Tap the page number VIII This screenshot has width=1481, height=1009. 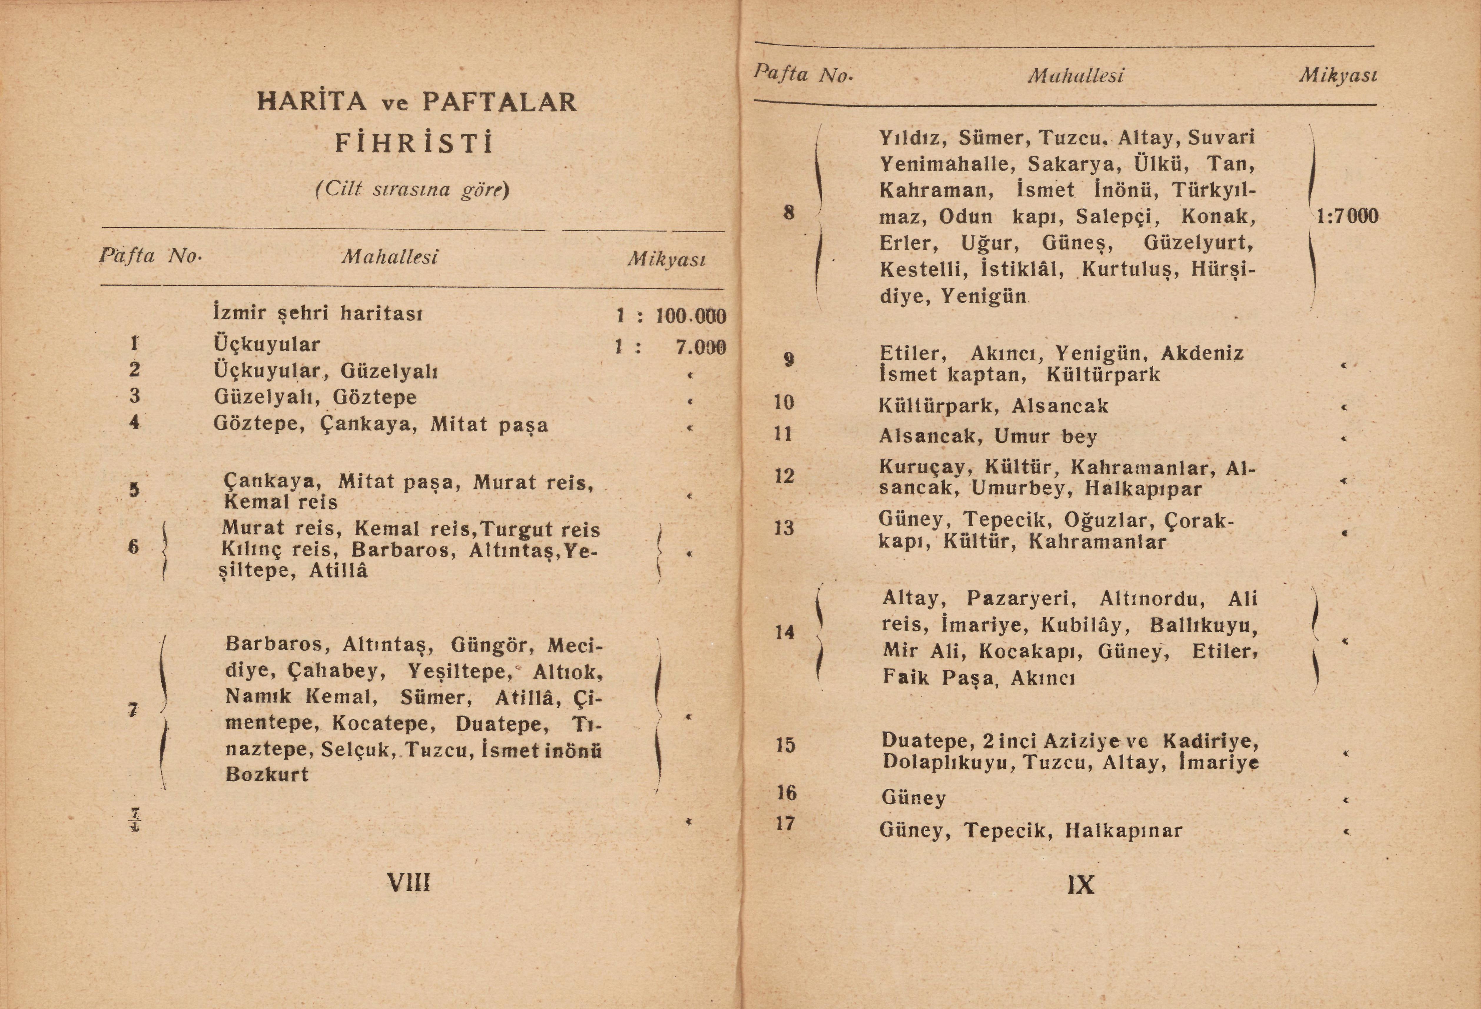(409, 883)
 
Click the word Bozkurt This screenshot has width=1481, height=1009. (267, 775)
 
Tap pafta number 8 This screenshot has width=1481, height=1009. (789, 212)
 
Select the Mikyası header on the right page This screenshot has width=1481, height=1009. (1338, 76)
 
